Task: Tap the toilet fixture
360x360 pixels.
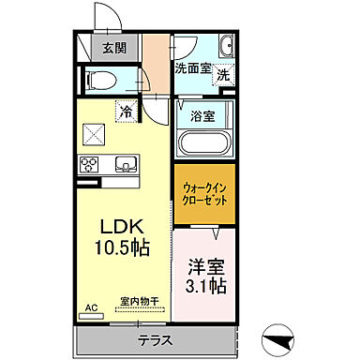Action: [101, 80]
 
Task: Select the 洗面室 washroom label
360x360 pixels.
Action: [192, 67]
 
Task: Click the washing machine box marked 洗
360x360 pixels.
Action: [222, 75]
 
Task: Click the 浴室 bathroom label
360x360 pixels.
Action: [203, 117]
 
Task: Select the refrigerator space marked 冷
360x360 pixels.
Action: [125, 112]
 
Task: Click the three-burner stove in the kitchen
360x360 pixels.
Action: [91, 166]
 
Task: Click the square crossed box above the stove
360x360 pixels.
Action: [93, 135]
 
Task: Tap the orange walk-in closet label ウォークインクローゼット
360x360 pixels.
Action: [202, 195]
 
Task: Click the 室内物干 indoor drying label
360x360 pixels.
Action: [139, 302]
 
